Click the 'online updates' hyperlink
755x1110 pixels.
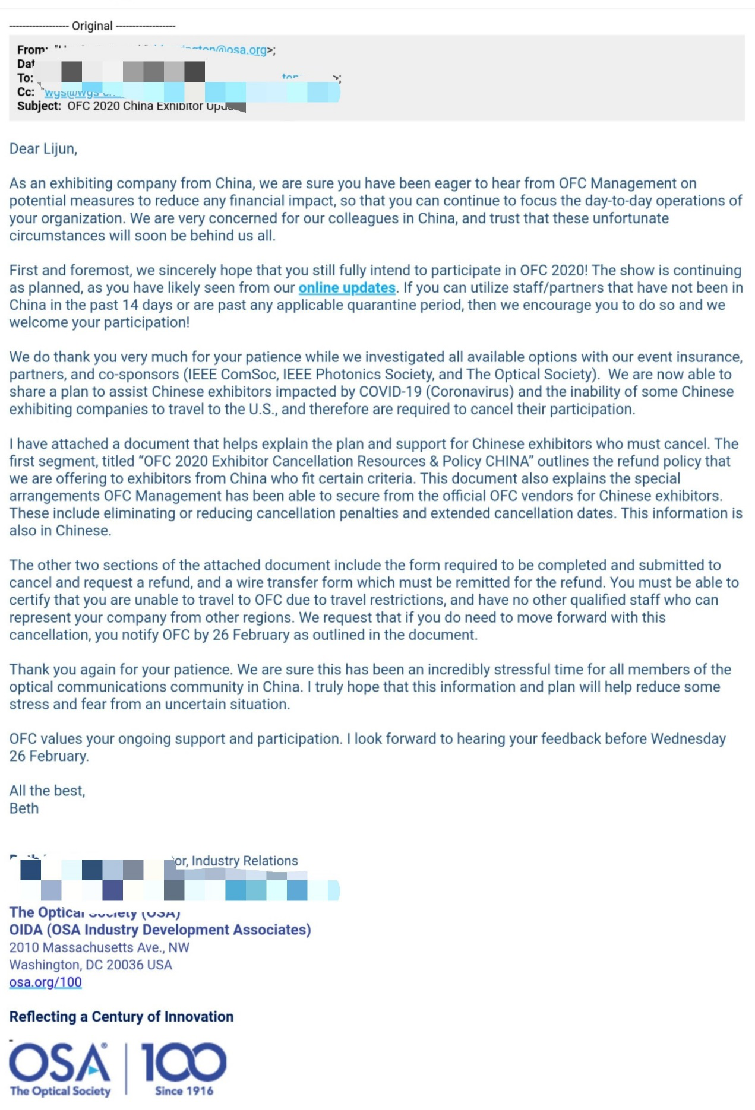[347, 288]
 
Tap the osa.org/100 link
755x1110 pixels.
[46, 982]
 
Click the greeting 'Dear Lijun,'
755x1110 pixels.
[43, 149]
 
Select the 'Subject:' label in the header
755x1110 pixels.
[39, 106]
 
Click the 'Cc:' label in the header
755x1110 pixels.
[26, 92]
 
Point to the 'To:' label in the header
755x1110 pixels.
[25, 78]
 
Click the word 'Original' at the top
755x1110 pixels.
[92, 26]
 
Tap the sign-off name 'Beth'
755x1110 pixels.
[24, 808]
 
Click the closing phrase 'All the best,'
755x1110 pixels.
[48, 791]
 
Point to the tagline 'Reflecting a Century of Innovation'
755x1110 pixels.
[121, 1017]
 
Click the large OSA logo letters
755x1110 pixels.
[59, 1063]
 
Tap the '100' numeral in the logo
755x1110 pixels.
[184, 1063]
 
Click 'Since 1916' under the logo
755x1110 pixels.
[184, 1091]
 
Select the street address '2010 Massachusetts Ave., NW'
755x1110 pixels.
[99, 947]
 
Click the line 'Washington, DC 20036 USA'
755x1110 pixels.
[91, 965]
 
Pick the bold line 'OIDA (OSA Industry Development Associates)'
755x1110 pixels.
[160, 930]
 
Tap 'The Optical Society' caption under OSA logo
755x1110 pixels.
[60, 1091]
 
